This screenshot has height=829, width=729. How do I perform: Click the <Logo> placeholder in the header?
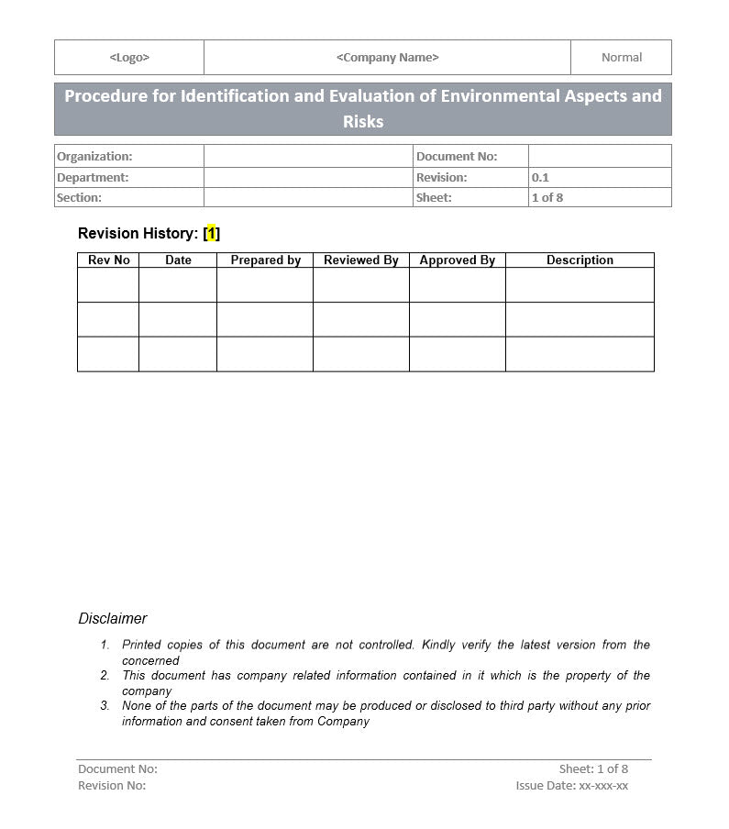point(129,57)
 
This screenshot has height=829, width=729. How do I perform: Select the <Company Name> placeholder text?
point(387,57)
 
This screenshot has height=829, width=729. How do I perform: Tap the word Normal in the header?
point(621,57)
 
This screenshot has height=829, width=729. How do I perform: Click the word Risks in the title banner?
point(363,121)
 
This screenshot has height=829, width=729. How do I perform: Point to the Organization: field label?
point(94,157)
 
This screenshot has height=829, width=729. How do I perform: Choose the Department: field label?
point(93,177)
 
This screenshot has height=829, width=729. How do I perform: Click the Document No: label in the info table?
point(457,157)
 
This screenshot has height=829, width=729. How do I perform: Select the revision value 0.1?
point(540,177)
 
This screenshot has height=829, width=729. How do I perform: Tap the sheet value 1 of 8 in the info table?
point(547,197)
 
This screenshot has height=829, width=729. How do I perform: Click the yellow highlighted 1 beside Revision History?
point(211,234)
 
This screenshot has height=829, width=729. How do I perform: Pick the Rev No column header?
point(108,260)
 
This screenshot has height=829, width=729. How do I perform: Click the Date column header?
point(178,260)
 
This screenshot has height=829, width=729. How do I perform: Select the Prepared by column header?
point(265,260)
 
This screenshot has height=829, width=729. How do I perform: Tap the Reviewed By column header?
point(360,260)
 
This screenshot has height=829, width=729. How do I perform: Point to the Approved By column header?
point(457,260)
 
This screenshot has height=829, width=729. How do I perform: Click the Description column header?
point(580,260)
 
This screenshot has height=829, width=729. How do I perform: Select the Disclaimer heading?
point(112,618)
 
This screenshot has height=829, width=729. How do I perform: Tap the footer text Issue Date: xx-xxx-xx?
point(571,785)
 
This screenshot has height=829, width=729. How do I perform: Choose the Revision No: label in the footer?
point(112,785)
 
